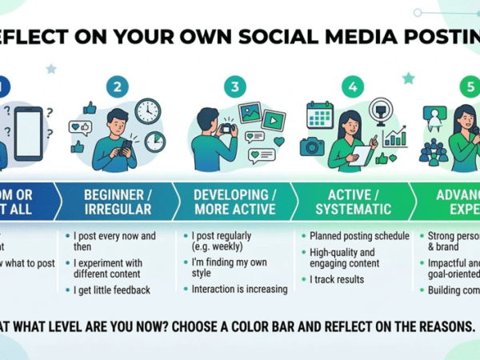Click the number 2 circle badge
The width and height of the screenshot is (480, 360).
(118, 87)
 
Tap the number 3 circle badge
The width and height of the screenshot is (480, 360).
(234, 87)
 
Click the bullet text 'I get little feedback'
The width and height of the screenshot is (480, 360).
(113, 290)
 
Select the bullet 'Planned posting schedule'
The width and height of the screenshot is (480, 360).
(359, 236)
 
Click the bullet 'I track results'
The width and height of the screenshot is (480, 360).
(337, 279)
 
